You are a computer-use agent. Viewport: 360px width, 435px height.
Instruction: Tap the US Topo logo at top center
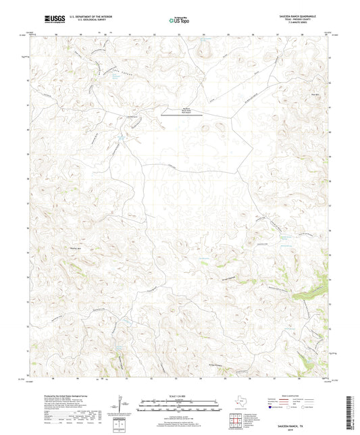(x=175, y=20)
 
